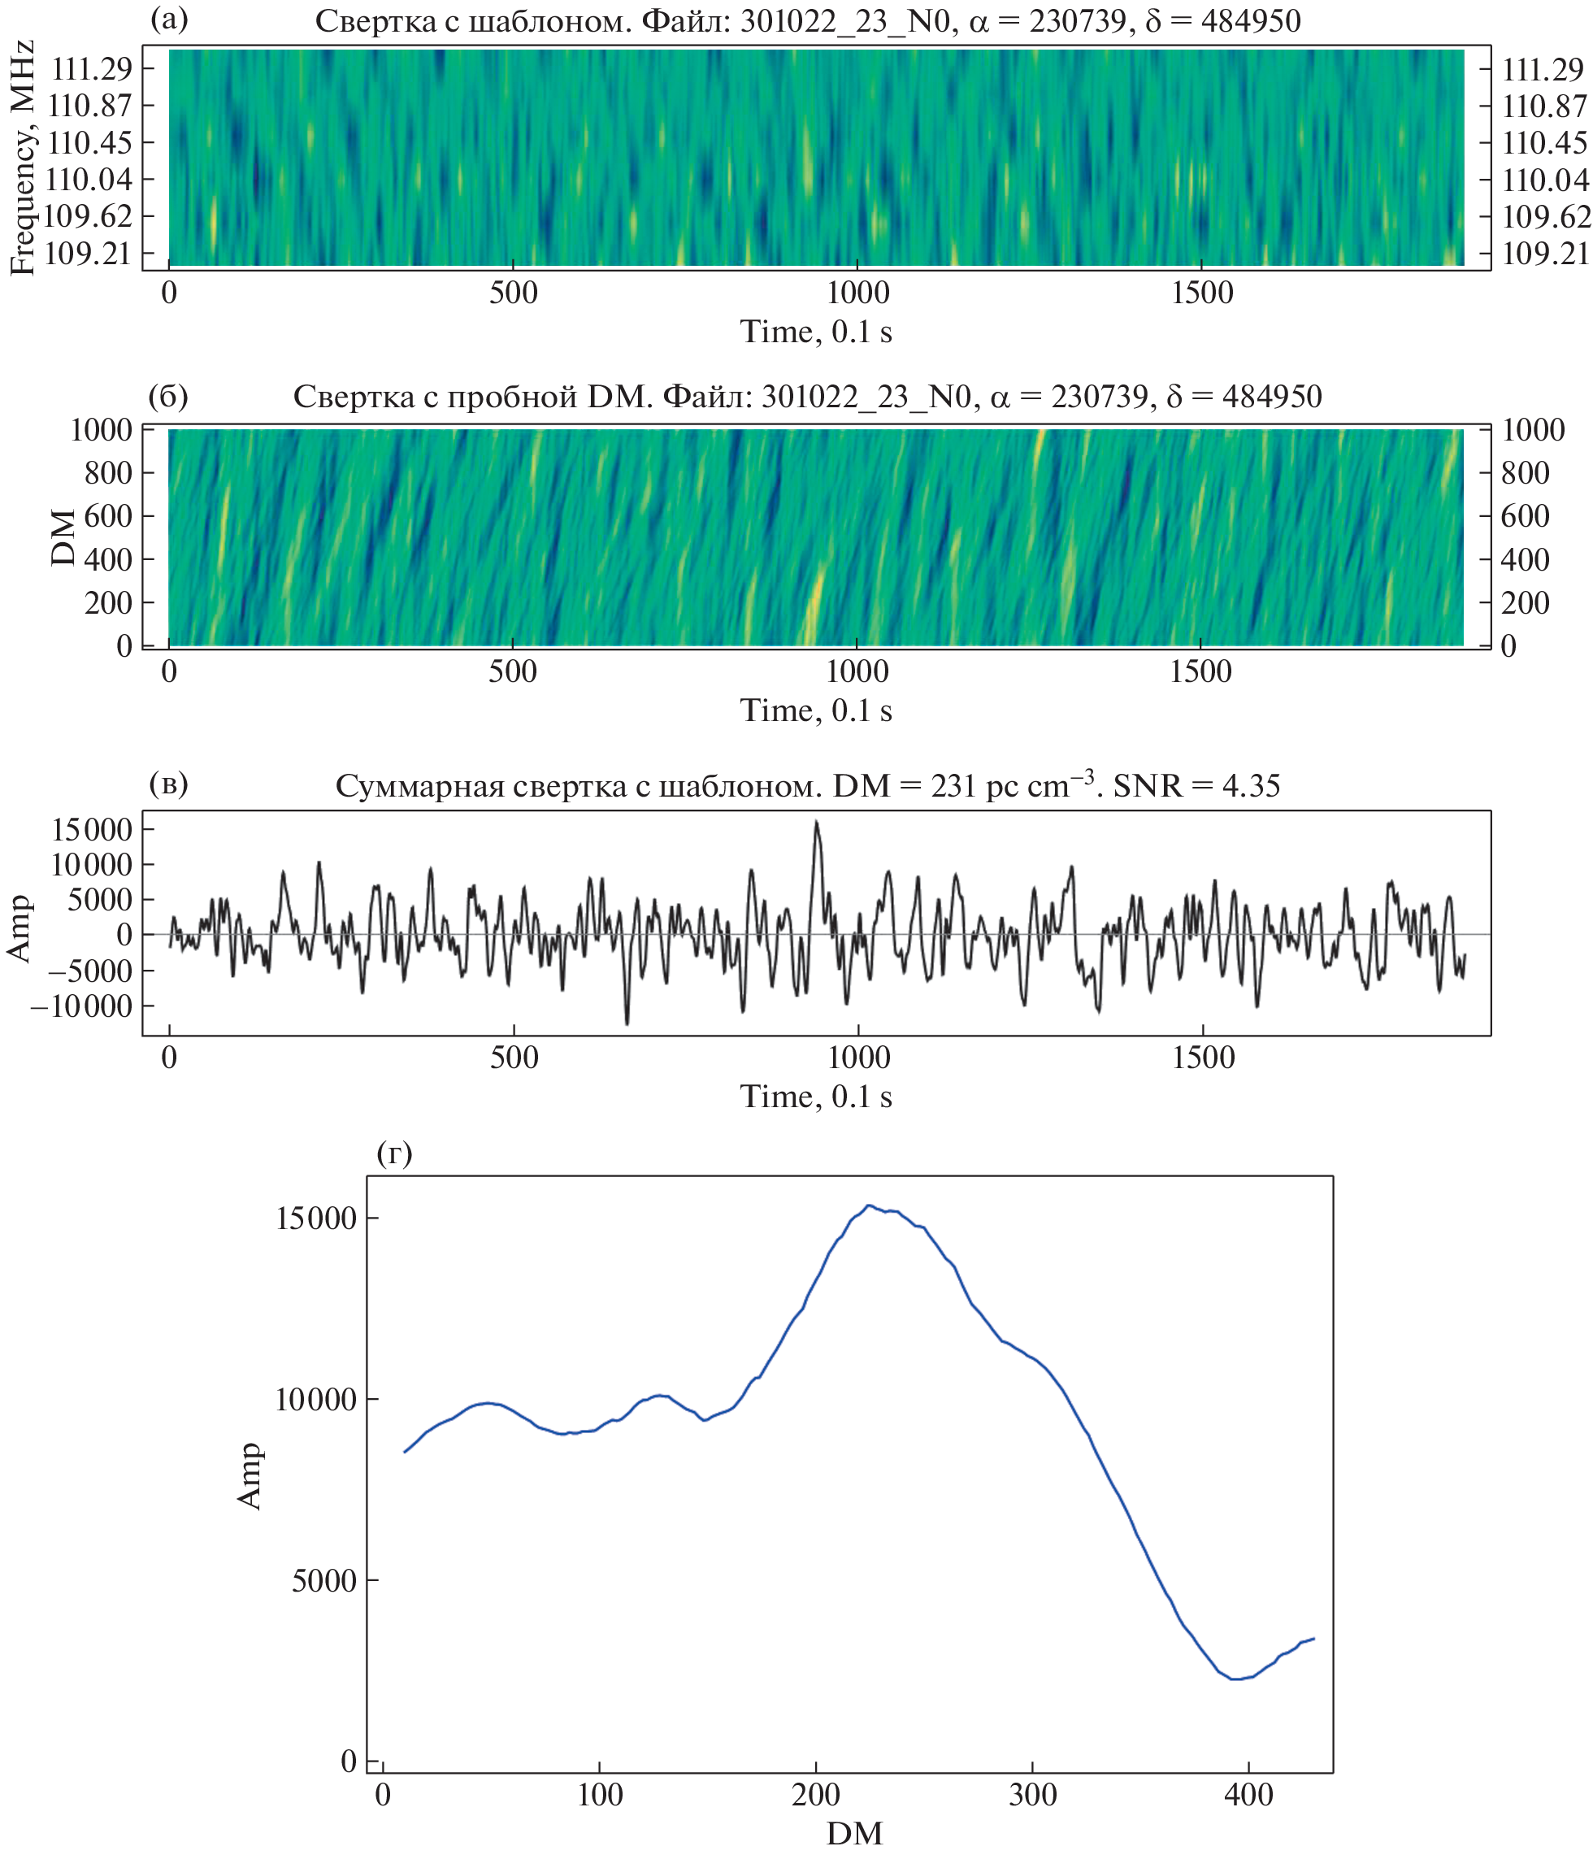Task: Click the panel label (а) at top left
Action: [x=169, y=19]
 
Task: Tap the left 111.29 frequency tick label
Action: [x=90, y=69]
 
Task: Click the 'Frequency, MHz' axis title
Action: [x=24, y=159]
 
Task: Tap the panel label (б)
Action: [x=168, y=396]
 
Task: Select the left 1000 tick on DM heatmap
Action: [x=100, y=431]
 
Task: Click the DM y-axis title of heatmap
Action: [x=63, y=537]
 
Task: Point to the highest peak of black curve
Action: [x=815, y=822]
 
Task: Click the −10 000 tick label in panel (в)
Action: [x=80, y=1006]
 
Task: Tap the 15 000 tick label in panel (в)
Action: [x=91, y=830]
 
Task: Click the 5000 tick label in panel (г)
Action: [x=324, y=1581]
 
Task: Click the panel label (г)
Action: [x=395, y=1154]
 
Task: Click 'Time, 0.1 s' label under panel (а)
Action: [x=815, y=332]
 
